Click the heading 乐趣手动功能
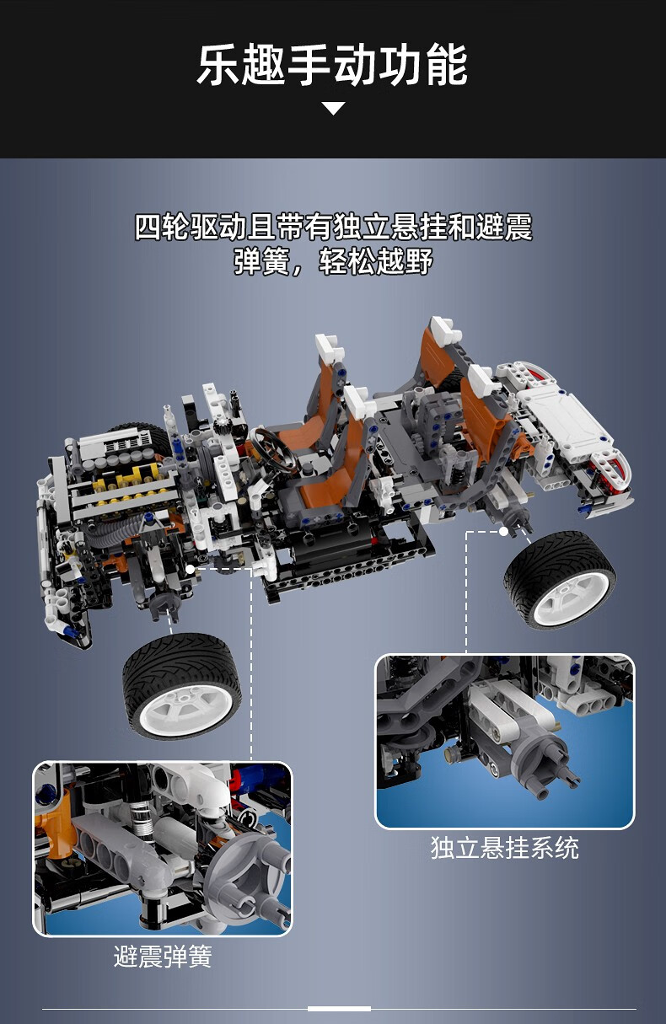(332, 65)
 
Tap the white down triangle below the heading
(334, 109)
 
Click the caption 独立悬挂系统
(504, 848)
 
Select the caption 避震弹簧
(163, 956)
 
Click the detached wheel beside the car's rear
(560, 580)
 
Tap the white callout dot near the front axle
(190, 569)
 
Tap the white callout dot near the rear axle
(503, 531)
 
